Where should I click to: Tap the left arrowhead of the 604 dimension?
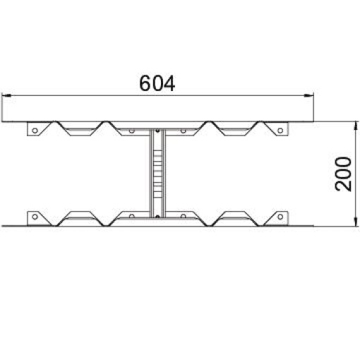point(6,94)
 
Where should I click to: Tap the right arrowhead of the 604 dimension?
point(309,94)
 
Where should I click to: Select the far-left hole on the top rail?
point(32,131)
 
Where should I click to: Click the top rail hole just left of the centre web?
point(131,131)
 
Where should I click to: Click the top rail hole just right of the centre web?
point(183,131)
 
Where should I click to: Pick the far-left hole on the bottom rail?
point(32,216)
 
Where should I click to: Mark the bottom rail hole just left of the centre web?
point(131,216)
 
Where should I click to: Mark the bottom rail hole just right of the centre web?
point(183,216)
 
